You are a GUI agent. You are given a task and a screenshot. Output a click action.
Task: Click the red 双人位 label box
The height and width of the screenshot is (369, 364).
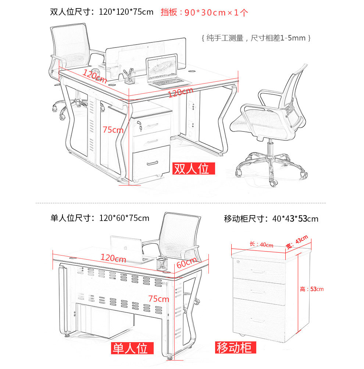[x=194, y=169]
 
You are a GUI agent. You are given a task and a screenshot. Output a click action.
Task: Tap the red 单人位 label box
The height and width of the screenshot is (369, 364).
[x=132, y=348]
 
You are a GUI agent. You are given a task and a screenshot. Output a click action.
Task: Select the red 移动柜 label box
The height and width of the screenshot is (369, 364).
[x=235, y=348]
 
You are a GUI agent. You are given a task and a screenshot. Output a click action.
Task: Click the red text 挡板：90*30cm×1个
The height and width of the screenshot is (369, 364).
[x=204, y=12]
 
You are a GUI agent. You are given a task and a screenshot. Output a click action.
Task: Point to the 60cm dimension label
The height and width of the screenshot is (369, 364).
[x=186, y=263]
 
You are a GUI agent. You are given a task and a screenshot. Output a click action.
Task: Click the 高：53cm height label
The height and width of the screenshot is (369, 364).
[x=311, y=289]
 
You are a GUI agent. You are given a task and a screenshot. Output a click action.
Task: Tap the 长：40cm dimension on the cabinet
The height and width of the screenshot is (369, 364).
[x=261, y=245]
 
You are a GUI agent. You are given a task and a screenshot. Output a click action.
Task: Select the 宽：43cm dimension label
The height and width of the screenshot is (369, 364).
[x=297, y=242]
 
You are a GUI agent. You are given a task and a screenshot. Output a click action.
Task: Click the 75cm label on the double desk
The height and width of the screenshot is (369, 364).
[x=113, y=130]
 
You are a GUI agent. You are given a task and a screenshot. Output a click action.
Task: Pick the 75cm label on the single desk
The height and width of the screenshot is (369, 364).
[x=158, y=299]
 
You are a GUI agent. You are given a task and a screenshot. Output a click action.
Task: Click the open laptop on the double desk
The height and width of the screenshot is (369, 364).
[x=166, y=71]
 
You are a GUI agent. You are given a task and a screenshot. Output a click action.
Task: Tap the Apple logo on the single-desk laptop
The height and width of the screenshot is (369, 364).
[x=125, y=248]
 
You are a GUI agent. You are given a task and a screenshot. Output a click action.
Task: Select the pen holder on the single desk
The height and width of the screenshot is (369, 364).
[x=162, y=264]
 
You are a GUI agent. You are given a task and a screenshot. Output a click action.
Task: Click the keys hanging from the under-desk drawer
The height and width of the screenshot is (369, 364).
[x=140, y=126]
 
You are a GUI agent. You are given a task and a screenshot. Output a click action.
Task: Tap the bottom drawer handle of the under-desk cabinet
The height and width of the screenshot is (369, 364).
[x=152, y=163]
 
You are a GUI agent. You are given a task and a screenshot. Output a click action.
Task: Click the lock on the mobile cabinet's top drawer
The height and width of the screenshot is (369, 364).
[x=238, y=262]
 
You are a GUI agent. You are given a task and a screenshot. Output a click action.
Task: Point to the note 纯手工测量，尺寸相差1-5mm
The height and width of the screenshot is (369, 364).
[x=256, y=38]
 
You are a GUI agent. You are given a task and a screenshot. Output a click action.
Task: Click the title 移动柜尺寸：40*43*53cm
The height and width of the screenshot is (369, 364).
[x=271, y=219]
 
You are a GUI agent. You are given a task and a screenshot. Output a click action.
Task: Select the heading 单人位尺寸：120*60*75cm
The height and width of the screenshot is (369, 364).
[x=100, y=218]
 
